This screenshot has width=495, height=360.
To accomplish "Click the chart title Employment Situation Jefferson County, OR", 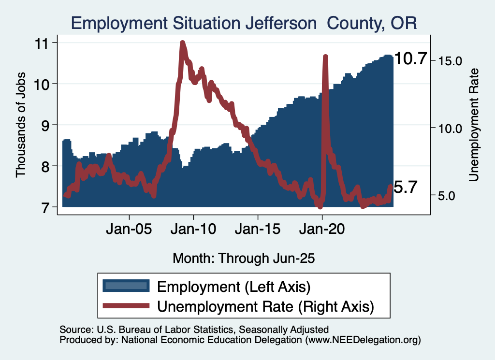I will (244, 23).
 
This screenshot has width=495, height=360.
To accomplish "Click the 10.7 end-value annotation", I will (411, 59).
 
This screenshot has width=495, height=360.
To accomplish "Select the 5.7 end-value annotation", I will (405, 187).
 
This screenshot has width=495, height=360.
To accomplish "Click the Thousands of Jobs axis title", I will (21, 125).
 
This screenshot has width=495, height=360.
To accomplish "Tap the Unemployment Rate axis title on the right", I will (474, 125).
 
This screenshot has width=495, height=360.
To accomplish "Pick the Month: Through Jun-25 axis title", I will (244, 258).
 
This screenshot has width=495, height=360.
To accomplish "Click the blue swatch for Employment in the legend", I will (125, 286).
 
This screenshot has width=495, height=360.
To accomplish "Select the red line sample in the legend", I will (125, 305).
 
